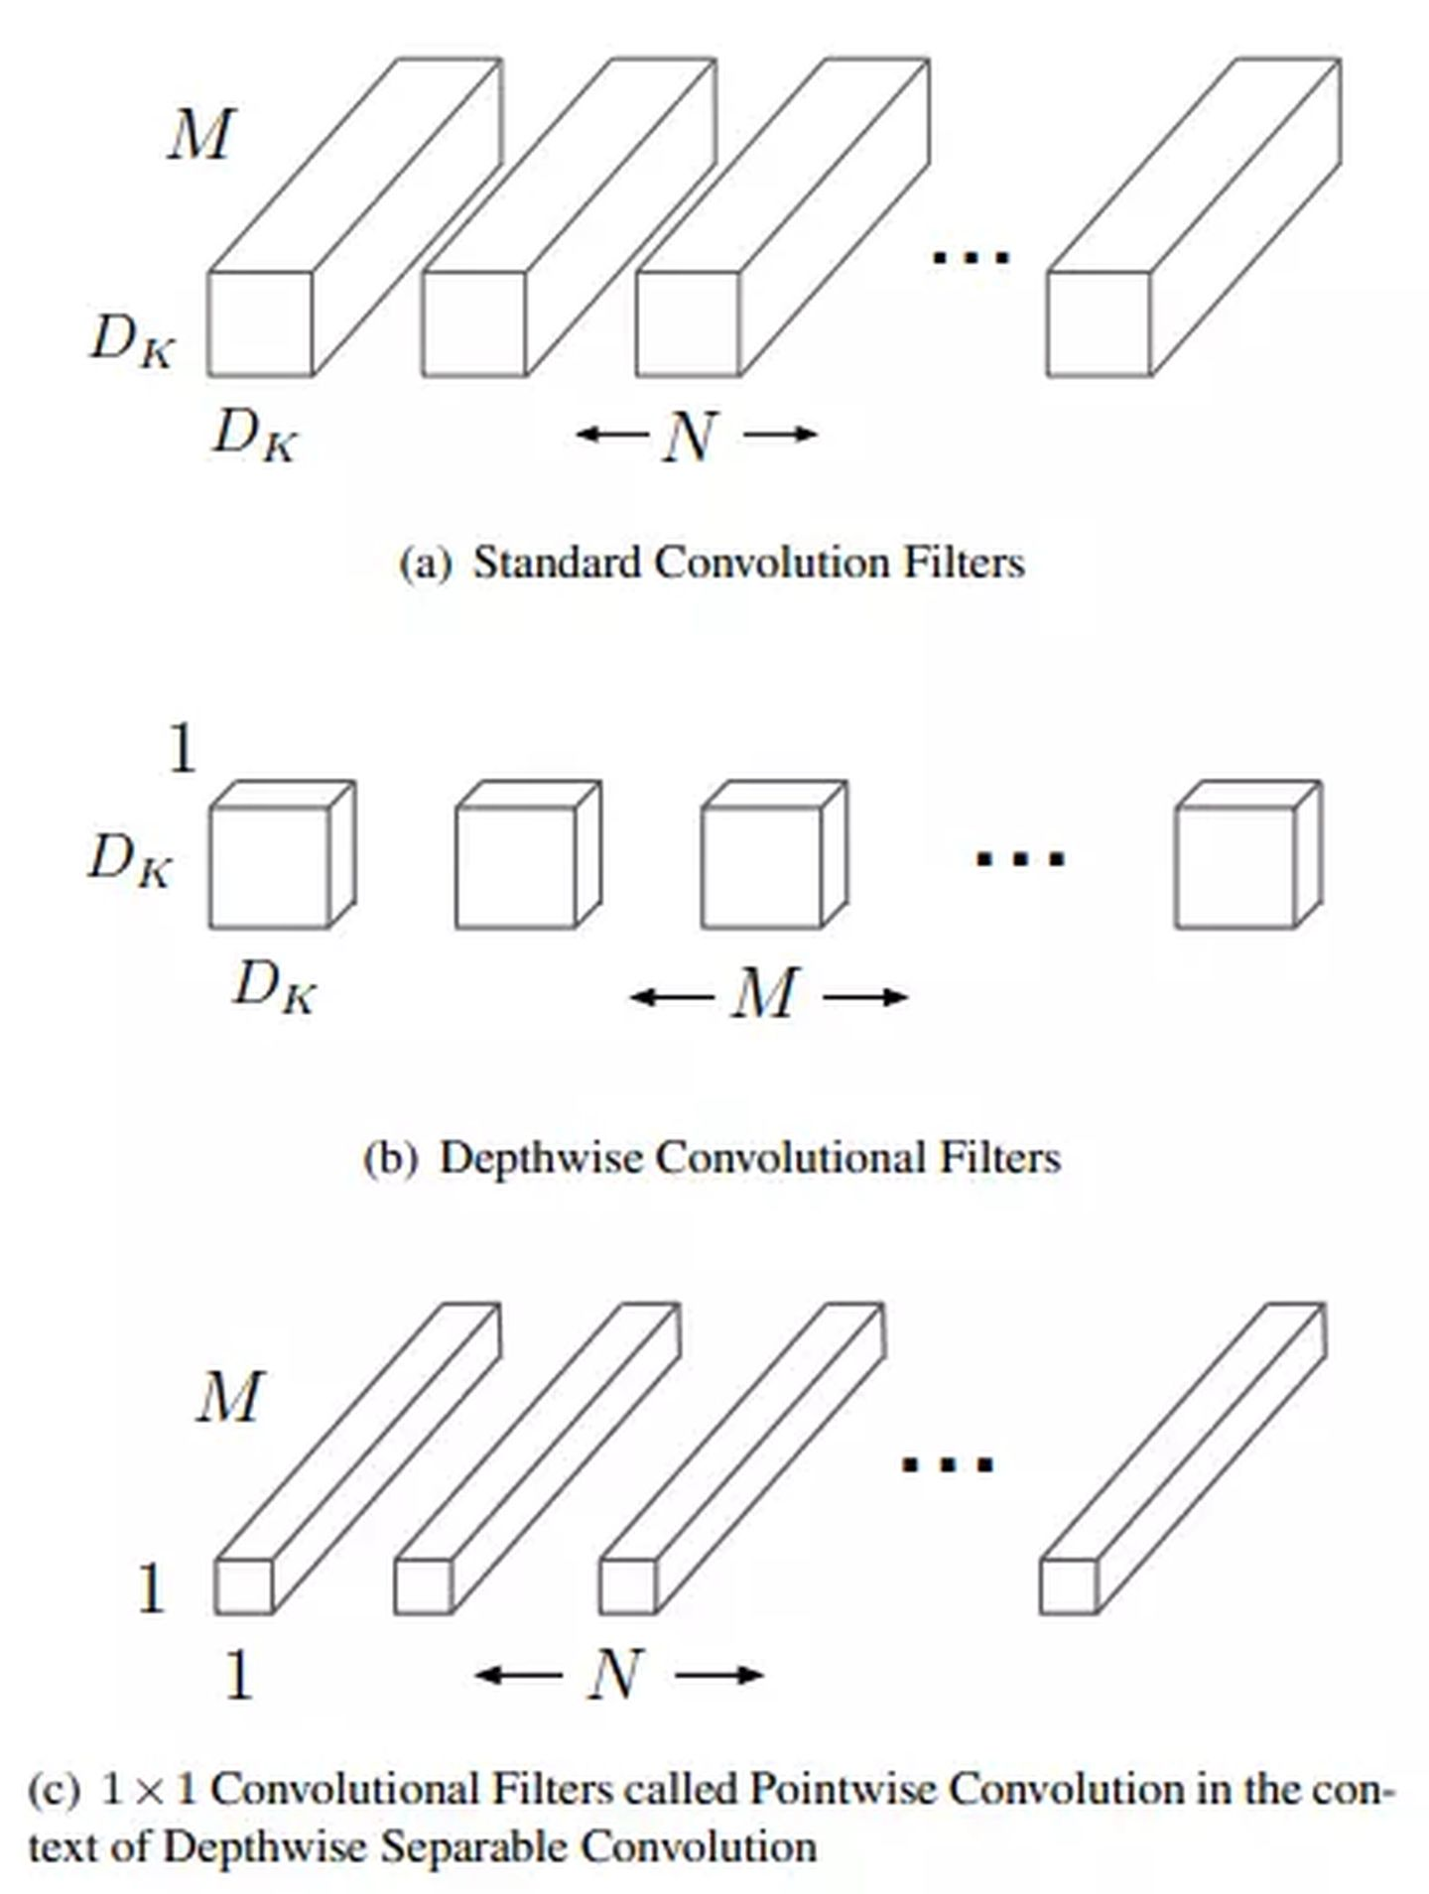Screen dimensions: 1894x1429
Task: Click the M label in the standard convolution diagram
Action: coord(200,135)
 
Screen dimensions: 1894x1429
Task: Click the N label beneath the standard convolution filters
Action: coord(690,436)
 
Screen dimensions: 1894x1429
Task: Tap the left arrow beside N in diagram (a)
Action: coord(611,434)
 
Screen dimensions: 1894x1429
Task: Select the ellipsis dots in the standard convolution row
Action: coord(971,257)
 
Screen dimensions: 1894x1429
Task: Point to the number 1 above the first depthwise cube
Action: coord(183,749)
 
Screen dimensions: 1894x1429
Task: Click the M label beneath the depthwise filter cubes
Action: coord(765,993)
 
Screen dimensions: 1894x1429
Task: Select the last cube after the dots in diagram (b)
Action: coord(1236,866)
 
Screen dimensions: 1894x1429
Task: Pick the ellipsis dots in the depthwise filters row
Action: coord(1020,857)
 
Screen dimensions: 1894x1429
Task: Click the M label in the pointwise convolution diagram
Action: coord(229,1397)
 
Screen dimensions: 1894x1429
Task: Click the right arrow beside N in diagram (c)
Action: coord(719,1676)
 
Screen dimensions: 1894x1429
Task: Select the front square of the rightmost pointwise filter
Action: coord(1069,1585)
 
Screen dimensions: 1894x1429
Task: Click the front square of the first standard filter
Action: coord(260,323)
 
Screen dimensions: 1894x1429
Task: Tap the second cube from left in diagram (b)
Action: coord(516,866)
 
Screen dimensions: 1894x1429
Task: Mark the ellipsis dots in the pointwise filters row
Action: coord(947,1463)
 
